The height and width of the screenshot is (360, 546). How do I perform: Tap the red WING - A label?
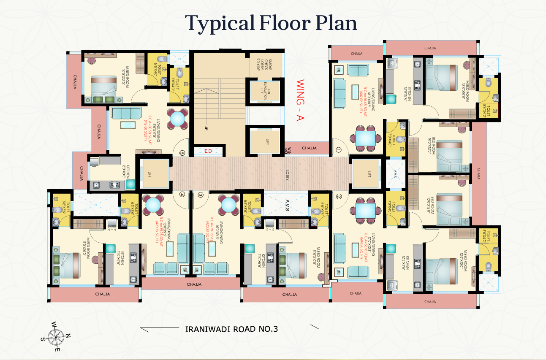[x=300, y=100]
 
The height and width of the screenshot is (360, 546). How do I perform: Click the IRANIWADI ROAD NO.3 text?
[x=231, y=329]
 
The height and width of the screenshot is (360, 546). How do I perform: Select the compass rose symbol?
[x=55, y=336]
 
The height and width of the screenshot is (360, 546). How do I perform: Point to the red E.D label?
[x=208, y=151]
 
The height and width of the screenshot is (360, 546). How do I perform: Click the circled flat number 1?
[x=338, y=149]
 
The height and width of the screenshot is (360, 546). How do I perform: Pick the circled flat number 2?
[x=338, y=196]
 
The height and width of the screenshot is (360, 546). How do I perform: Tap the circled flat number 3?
[x=201, y=195]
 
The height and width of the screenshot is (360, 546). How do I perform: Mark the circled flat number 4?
[x=182, y=195]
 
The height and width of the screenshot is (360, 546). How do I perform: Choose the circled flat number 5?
[x=182, y=153]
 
